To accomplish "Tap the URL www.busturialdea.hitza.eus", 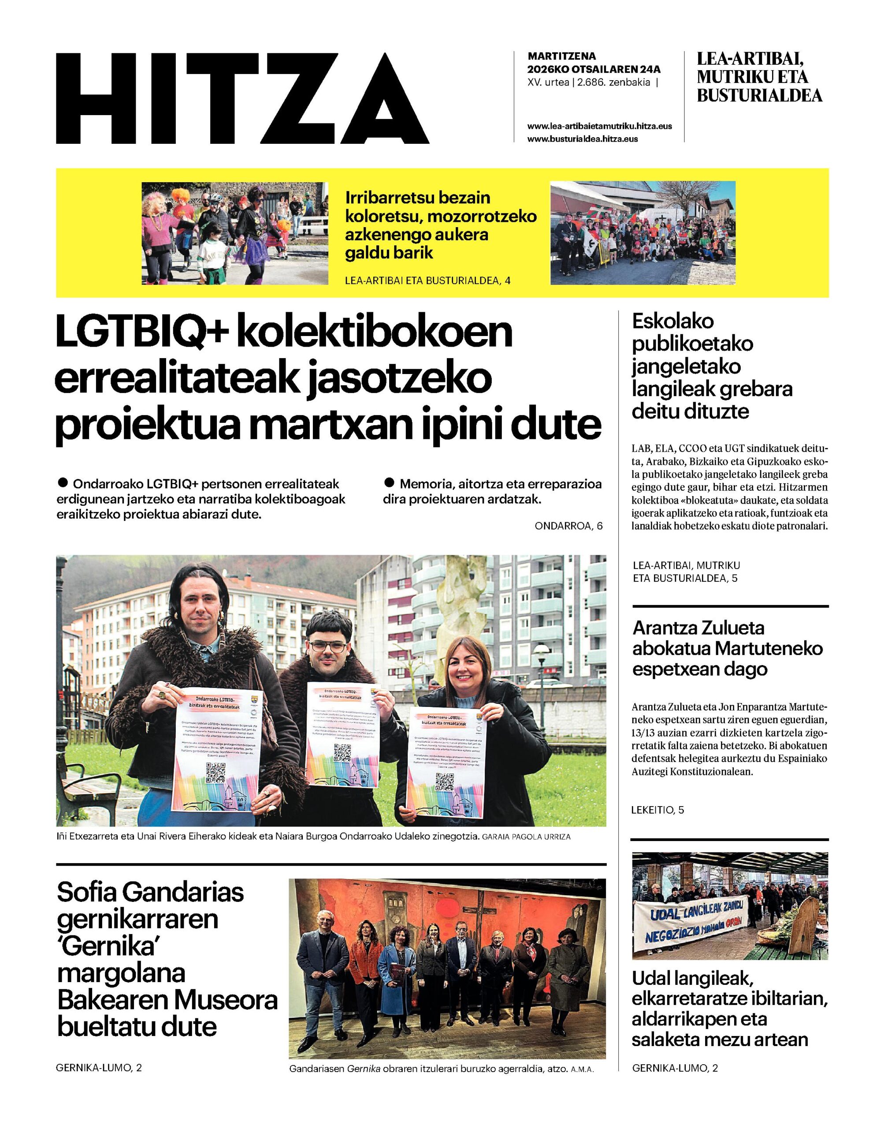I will click(x=582, y=139).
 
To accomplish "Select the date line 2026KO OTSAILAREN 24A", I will click(x=594, y=69).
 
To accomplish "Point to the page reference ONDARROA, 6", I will click(x=569, y=526).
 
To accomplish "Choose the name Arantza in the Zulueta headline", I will click(x=664, y=628).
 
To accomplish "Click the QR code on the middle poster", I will click(x=343, y=752).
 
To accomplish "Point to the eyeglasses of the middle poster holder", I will click(x=327, y=647).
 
